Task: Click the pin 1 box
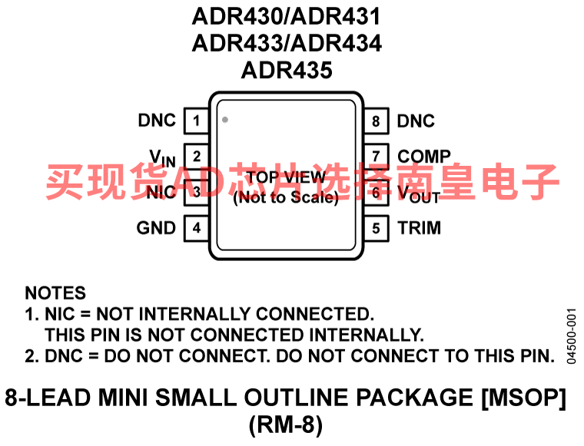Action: pyautogui.click(x=196, y=121)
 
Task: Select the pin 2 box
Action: pyautogui.click(x=196, y=157)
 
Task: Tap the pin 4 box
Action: pyautogui.click(x=196, y=228)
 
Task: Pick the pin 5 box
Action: pyautogui.click(x=377, y=228)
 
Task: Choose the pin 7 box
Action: pyautogui.click(x=377, y=157)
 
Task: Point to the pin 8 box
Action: pyautogui.click(x=377, y=121)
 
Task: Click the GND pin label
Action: pyautogui.click(x=156, y=228)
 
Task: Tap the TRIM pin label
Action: pyautogui.click(x=420, y=228)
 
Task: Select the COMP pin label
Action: pyautogui.click(x=424, y=157)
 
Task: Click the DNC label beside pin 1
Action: pyautogui.click(x=157, y=121)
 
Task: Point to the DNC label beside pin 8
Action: pyautogui.click(x=416, y=121)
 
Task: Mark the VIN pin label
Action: pyautogui.click(x=162, y=158)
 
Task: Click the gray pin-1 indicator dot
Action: pyautogui.click(x=225, y=120)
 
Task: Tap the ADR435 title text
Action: pyautogui.click(x=287, y=70)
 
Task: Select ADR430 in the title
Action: pyautogui.click(x=237, y=16)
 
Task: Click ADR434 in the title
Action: pyautogui.click(x=337, y=43)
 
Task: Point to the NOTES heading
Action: pyautogui.click(x=55, y=293)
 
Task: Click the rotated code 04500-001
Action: pyautogui.click(x=572, y=336)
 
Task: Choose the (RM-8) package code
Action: pyautogui.click(x=286, y=425)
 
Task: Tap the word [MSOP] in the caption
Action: pyautogui.click(x=523, y=398)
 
